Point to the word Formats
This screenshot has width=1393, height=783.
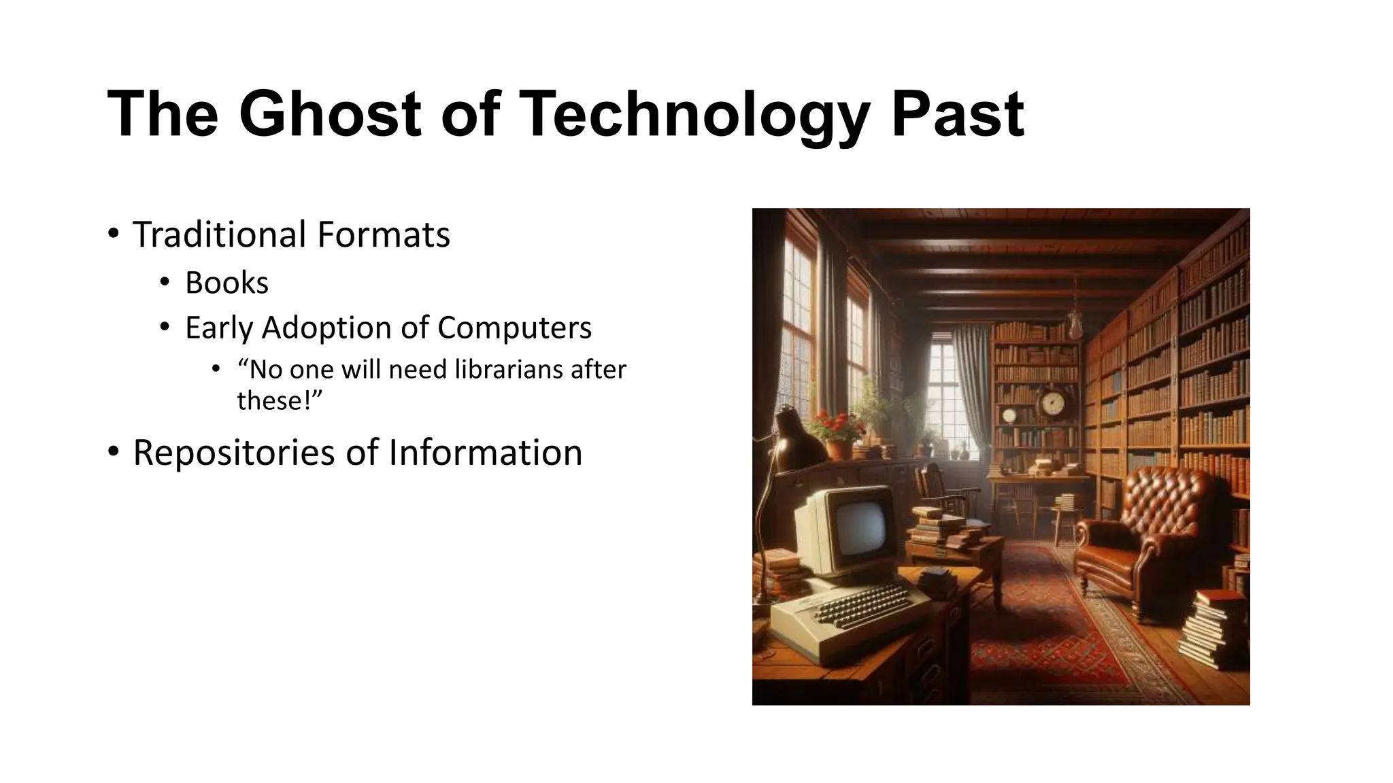[384, 234]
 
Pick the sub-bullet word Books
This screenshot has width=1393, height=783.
[226, 283]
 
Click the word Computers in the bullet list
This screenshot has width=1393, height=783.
[514, 328]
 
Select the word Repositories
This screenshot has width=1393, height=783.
[233, 453]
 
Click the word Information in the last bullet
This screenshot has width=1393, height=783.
[485, 453]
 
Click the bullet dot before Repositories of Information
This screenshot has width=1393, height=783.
[113, 451]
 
